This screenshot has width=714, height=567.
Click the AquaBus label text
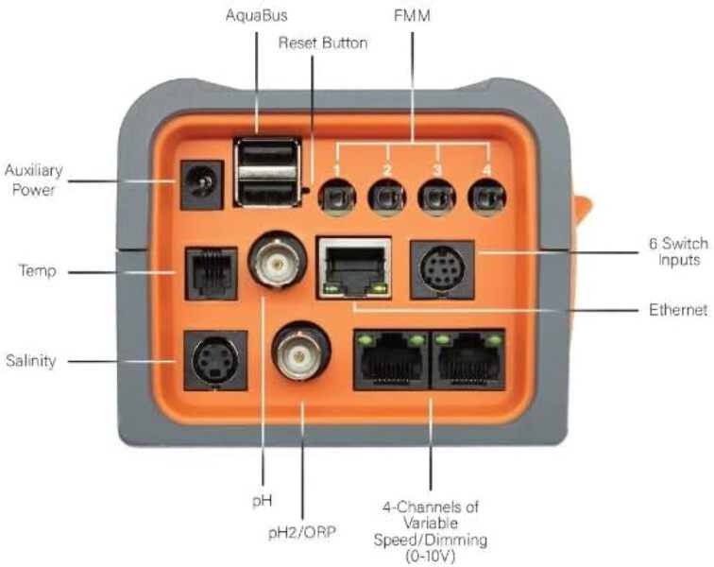click(x=257, y=16)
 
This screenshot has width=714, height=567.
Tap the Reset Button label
click(x=322, y=43)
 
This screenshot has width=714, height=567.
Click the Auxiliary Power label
click(x=33, y=180)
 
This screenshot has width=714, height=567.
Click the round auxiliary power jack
click(x=199, y=184)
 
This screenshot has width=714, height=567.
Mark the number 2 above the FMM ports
click(x=385, y=170)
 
